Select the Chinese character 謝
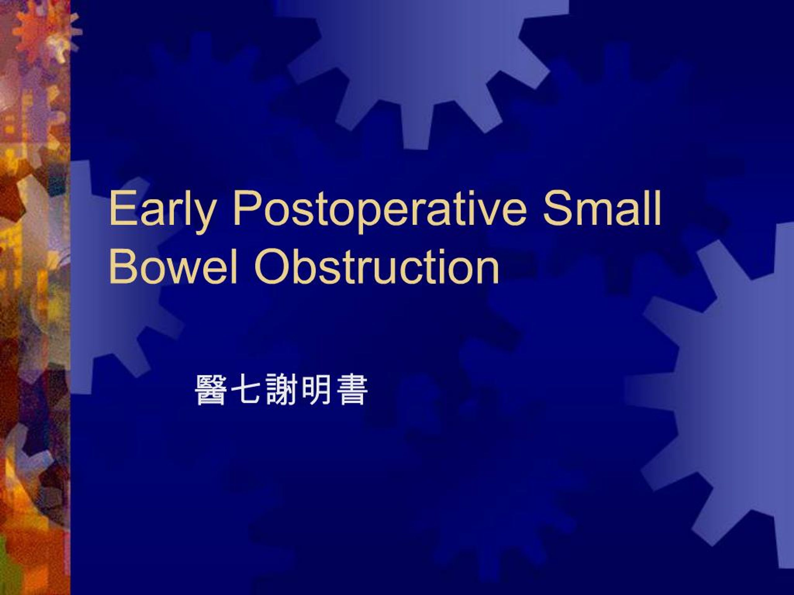click(x=281, y=390)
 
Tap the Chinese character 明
click(x=316, y=390)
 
